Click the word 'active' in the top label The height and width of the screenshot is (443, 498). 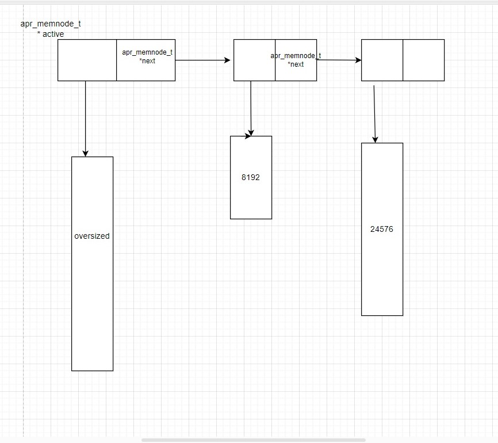point(53,34)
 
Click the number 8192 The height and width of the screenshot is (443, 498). point(251,177)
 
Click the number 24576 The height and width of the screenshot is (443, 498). point(382,229)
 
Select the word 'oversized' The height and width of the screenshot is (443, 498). point(92,236)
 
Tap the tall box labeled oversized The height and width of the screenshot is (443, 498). point(92,299)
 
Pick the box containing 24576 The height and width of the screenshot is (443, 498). point(382,270)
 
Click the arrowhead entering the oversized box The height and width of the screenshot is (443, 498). point(85,152)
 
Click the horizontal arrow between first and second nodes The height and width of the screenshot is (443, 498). point(201,60)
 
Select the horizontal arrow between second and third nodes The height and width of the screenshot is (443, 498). point(339,60)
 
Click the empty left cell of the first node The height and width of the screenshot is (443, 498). point(87,60)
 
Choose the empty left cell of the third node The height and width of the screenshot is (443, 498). point(382,60)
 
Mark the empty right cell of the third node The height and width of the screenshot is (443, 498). point(423,60)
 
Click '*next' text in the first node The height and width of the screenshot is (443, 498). point(147,61)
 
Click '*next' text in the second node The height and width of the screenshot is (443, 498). point(296,64)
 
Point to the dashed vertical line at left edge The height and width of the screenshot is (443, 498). point(24,230)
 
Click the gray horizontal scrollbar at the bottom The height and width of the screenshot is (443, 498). point(253,440)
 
